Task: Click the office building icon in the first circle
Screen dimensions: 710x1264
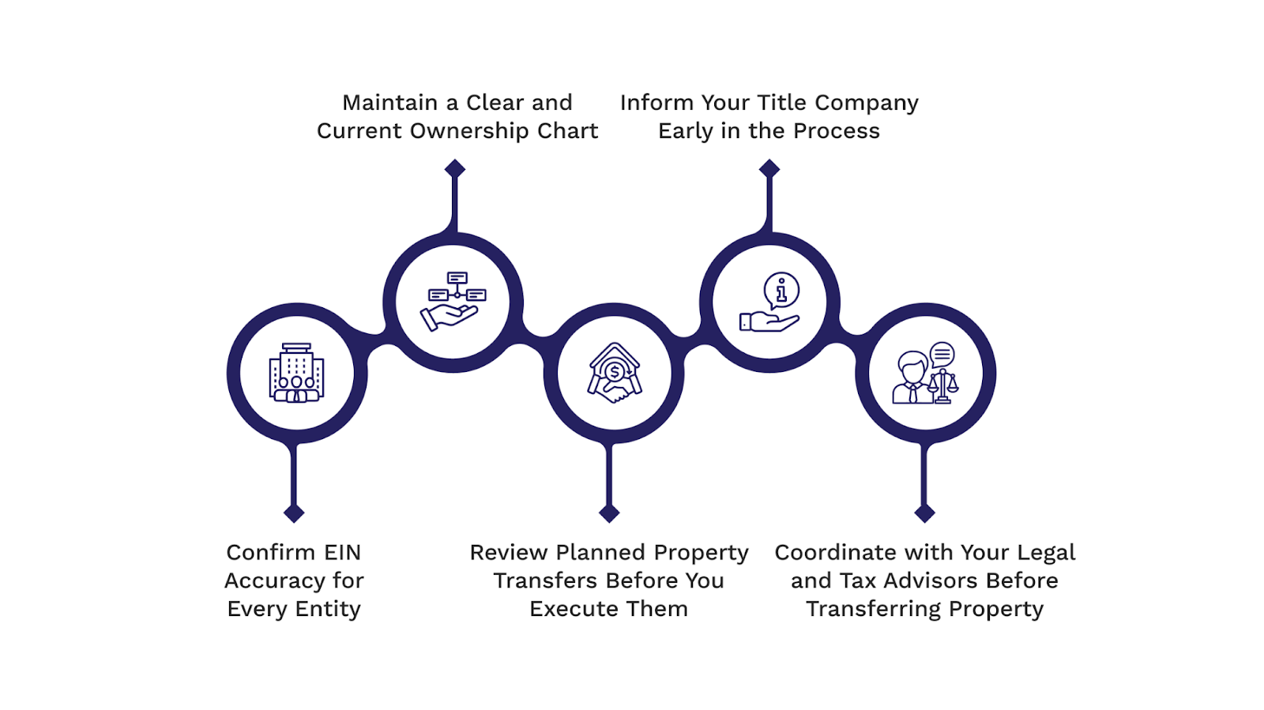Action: coord(296,373)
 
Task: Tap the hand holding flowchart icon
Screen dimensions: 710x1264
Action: coord(453,302)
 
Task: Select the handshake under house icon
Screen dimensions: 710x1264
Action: coord(614,373)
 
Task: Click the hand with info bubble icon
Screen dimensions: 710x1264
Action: coord(769,302)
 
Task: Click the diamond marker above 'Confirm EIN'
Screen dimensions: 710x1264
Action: coord(294,513)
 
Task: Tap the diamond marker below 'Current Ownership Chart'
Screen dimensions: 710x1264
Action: coord(454,168)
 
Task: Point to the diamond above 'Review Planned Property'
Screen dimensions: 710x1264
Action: coord(609,513)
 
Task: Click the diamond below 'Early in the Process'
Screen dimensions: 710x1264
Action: coord(769,168)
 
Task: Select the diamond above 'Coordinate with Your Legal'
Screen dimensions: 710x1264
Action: coord(924,513)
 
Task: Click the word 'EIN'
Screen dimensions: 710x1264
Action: coord(341,552)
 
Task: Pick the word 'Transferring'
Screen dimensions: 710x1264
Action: coord(874,609)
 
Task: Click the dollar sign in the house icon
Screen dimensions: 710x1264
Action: coord(615,371)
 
